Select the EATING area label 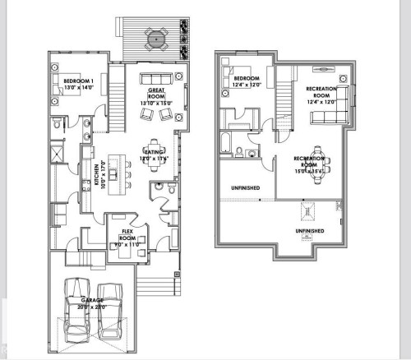click(155, 153)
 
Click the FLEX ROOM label click(127, 233)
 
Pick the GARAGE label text click(91, 301)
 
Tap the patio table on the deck click(155, 38)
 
